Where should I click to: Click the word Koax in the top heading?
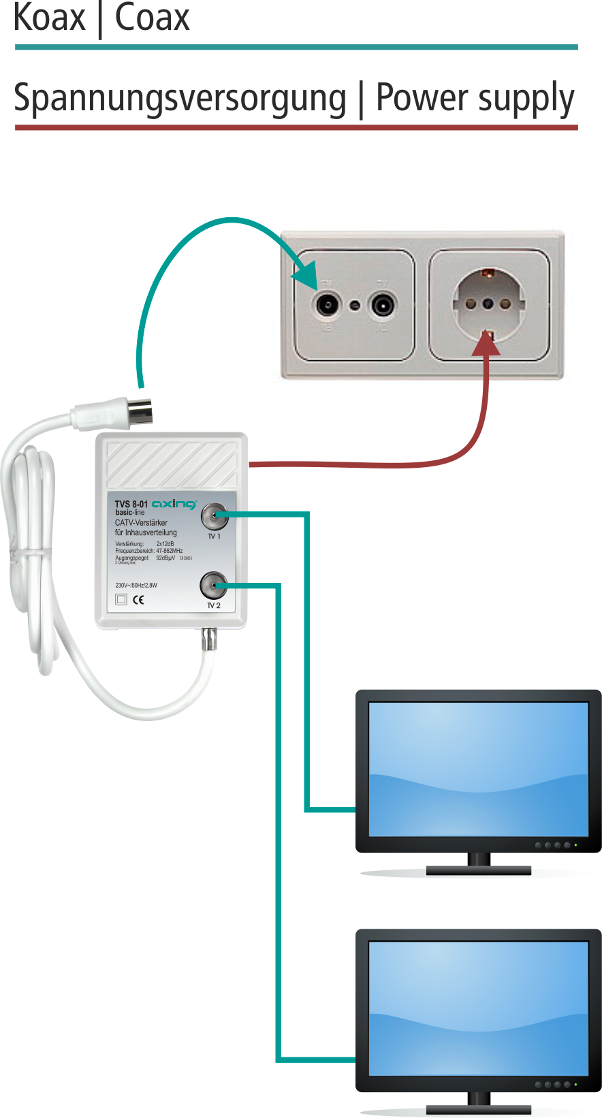(x=50, y=18)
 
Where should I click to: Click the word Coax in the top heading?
(x=152, y=18)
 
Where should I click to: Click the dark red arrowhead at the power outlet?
(x=486, y=344)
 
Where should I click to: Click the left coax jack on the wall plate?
(x=327, y=304)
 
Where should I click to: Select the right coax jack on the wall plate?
(x=382, y=304)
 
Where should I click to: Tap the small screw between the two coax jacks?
(x=355, y=304)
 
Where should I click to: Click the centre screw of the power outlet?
(x=488, y=303)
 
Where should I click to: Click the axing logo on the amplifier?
(x=174, y=504)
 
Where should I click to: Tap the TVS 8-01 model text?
(x=131, y=505)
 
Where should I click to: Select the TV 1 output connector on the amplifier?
(x=214, y=516)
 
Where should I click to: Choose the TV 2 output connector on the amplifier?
(x=213, y=586)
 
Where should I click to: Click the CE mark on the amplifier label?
(x=138, y=600)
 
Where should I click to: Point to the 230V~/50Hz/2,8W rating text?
(x=136, y=586)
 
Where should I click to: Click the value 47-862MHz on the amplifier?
(x=170, y=551)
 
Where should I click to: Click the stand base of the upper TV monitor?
(x=478, y=870)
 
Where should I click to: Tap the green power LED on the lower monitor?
(x=575, y=1084)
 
